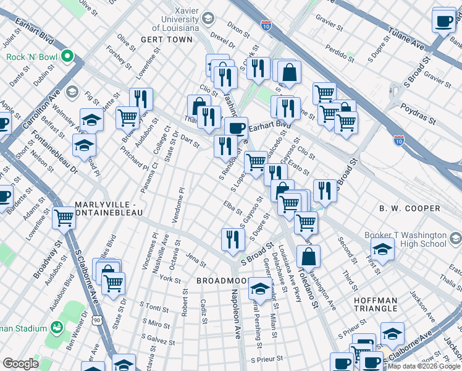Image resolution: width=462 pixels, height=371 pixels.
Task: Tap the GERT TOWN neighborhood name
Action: tap(166, 39)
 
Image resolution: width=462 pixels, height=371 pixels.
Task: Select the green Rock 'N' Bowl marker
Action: tap(79, 60)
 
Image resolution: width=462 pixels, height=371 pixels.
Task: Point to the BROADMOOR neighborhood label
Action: tap(220, 281)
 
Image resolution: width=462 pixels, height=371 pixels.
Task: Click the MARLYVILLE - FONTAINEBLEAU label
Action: tap(109, 208)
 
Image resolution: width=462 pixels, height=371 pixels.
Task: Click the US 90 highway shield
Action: tap(97, 320)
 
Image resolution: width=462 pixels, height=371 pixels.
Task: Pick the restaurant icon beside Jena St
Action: tap(232, 240)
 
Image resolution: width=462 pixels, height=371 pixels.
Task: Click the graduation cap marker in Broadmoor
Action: tap(260, 289)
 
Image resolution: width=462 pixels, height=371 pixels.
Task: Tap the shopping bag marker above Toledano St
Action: tap(308, 256)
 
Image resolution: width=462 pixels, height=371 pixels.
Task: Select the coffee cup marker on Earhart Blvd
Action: tap(236, 128)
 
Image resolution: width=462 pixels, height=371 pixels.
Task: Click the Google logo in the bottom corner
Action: tap(20, 364)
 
